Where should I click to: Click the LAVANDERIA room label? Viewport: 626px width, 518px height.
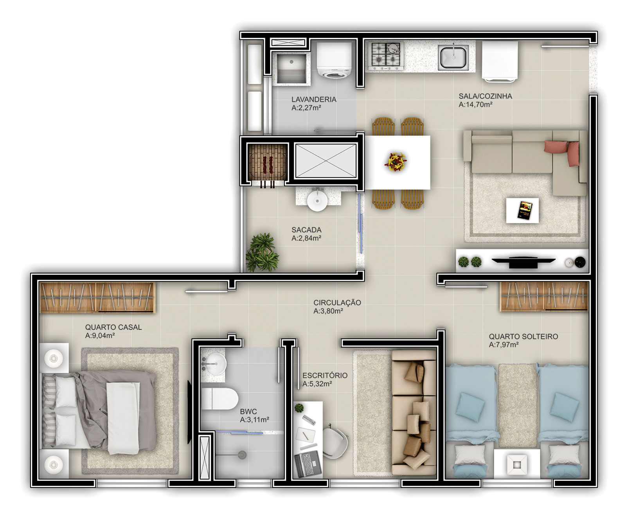314,99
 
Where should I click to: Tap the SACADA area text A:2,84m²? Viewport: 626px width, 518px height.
306,238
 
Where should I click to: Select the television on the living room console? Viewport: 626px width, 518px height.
523,261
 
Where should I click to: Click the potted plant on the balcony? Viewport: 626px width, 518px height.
262,252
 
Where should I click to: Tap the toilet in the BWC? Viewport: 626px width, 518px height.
219,399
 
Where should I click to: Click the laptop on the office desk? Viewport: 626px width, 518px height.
308,464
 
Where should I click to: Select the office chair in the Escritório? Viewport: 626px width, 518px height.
335,441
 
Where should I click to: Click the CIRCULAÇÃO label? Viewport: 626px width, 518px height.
337,303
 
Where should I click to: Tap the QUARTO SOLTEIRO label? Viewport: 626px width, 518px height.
523,336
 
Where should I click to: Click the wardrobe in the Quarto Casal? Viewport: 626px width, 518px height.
97,297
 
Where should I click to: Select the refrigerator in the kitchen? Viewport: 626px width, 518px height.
500,61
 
